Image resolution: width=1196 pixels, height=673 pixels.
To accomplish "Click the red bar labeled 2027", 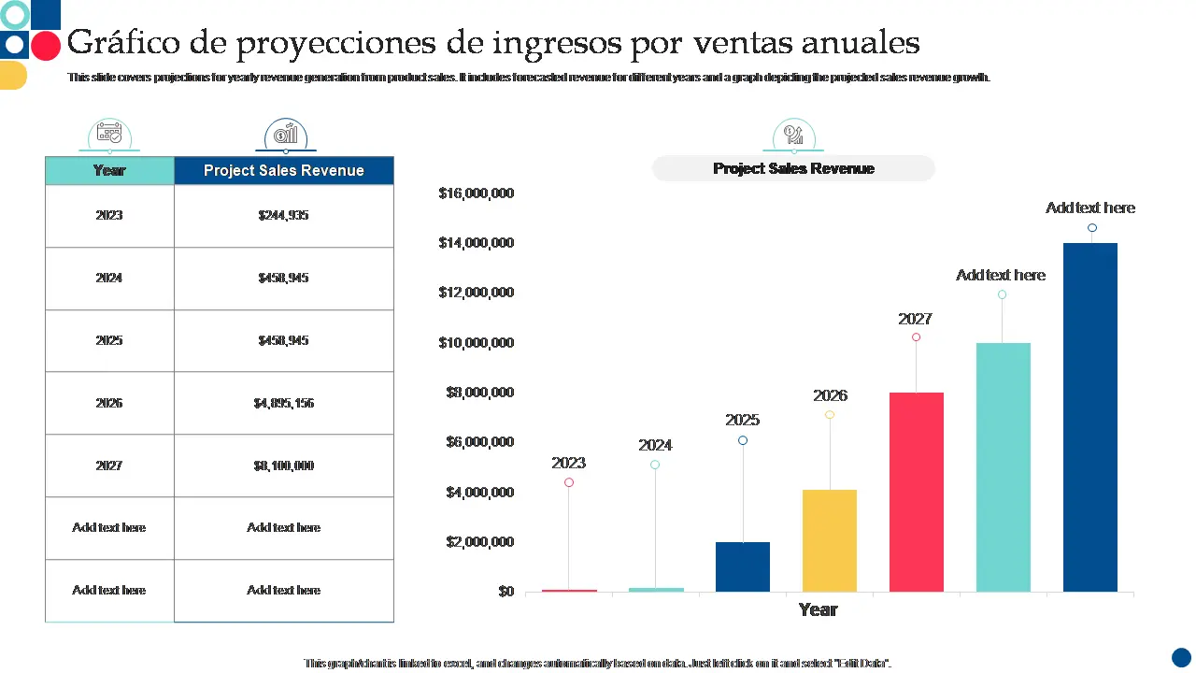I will click(x=916, y=492).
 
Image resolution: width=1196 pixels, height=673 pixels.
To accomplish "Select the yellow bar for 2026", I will click(x=830, y=540).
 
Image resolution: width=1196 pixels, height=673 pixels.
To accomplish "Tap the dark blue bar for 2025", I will click(x=743, y=566).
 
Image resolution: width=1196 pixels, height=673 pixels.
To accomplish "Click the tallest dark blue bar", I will click(x=1089, y=417).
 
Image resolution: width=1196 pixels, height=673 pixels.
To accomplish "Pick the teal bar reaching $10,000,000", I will click(x=1003, y=466).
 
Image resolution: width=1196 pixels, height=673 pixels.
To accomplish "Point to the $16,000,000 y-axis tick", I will click(x=476, y=193).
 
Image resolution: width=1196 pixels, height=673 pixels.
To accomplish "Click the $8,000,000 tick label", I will click(x=476, y=393).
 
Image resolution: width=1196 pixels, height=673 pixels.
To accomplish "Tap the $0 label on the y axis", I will click(x=505, y=592).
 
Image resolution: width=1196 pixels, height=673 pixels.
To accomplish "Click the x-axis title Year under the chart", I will click(x=818, y=609).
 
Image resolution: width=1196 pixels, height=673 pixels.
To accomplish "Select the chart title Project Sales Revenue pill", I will click(x=793, y=168).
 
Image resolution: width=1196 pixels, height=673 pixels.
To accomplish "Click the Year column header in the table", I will click(x=109, y=170).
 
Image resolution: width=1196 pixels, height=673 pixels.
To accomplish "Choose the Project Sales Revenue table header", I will click(x=283, y=170).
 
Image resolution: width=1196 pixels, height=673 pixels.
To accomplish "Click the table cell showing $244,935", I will click(x=283, y=215).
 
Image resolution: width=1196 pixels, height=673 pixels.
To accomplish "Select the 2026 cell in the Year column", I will click(x=109, y=403).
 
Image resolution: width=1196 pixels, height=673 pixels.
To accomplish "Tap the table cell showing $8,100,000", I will click(x=283, y=465).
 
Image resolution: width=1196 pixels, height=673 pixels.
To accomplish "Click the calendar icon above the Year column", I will click(x=109, y=133).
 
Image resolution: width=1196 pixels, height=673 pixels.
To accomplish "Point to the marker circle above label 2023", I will click(x=569, y=482).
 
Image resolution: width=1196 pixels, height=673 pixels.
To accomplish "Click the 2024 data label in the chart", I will click(x=655, y=445).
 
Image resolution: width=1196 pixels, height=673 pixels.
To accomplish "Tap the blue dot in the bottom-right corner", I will click(x=1181, y=657).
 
